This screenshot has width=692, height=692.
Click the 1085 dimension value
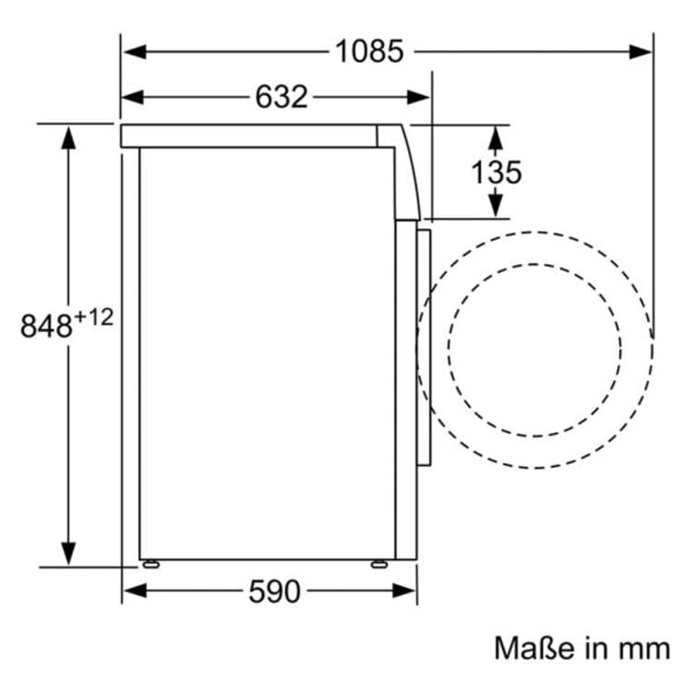[x=368, y=52]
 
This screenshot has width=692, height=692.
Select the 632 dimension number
[x=280, y=97]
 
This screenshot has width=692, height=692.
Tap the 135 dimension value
[x=495, y=172]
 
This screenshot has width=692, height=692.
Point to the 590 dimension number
[x=274, y=591]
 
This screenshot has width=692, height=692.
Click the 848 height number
[x=47, y=326]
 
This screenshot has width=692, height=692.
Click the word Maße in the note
[x=531, y=648]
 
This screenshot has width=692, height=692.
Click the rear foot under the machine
[x=149, y=563]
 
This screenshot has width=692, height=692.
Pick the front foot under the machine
[x=378, y=563]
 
